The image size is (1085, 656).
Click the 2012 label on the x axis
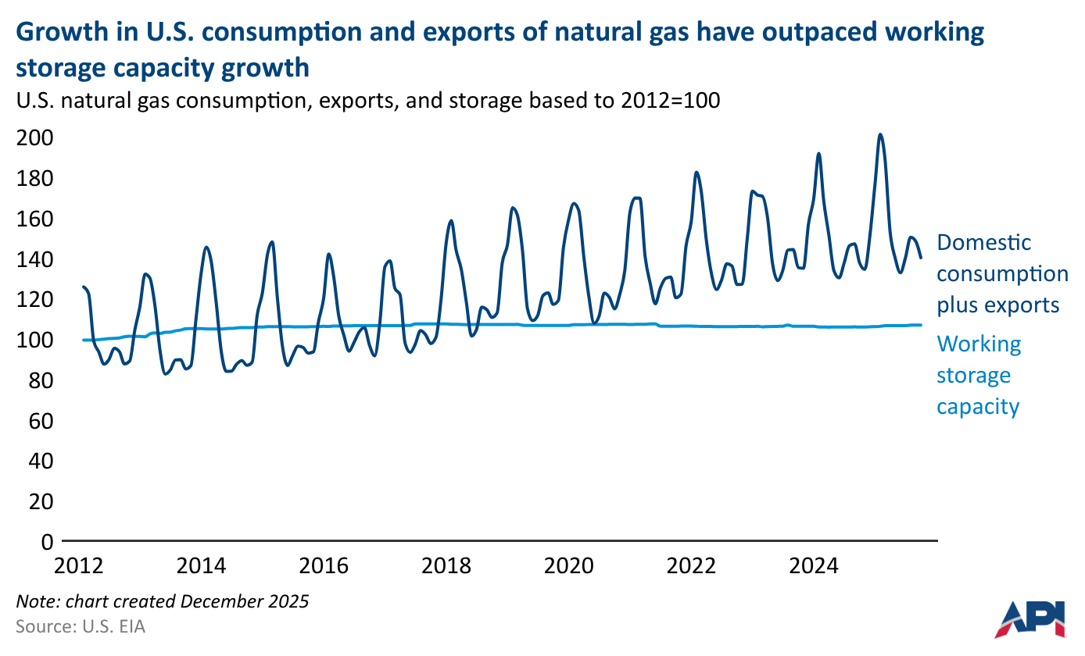pyautogui.click(x=82, y=565)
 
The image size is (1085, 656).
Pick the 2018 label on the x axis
pyautogui.click(x=449, y=565)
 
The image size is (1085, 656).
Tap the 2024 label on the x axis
pyautogui.click(x=818, y=565)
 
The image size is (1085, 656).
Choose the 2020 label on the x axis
pyautogui.click(x=572, y=565)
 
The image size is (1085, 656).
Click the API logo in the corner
pyautogui.click(x=1031, y=618)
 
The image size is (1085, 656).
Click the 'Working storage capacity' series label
pyautogui.click(x=979, y=375)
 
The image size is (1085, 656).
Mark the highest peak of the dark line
pyautogui.click(x=880, y=134)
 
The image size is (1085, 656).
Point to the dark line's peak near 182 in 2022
pyautogui.click(x=696, y=172)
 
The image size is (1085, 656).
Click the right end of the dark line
pyautogui.click(x=921, y=257)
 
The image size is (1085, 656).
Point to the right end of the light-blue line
pyautogui.click(x=921, y=325)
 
